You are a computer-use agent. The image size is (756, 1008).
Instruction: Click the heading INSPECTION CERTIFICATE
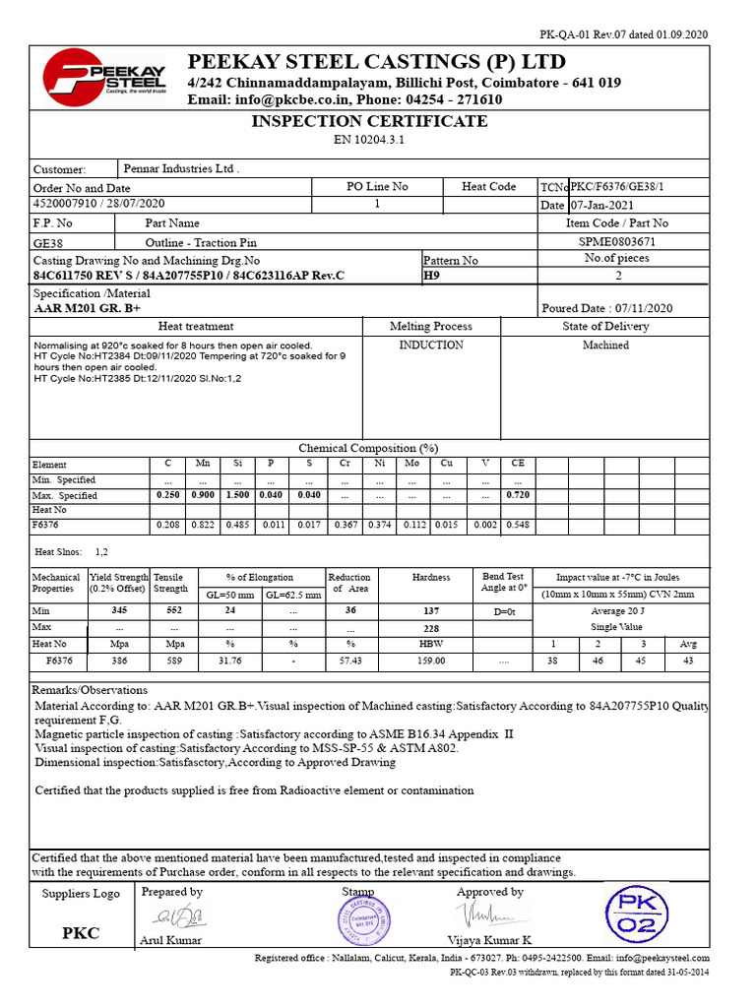pyautogui.click(x=369, y=121)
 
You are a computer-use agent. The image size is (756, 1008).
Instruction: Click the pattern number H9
pyautogui.click(x=431, y=277)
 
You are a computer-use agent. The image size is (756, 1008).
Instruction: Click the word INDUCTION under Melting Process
pyautogui.click(x=431, y=346)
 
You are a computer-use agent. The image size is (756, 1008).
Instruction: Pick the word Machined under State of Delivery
pyautogui.click(x=605, y=346)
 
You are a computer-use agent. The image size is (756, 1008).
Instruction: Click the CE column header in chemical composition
pyautogui.click(x=518, y=464)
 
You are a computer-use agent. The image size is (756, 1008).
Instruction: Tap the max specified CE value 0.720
pyautogui.click(x=518, y=495)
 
